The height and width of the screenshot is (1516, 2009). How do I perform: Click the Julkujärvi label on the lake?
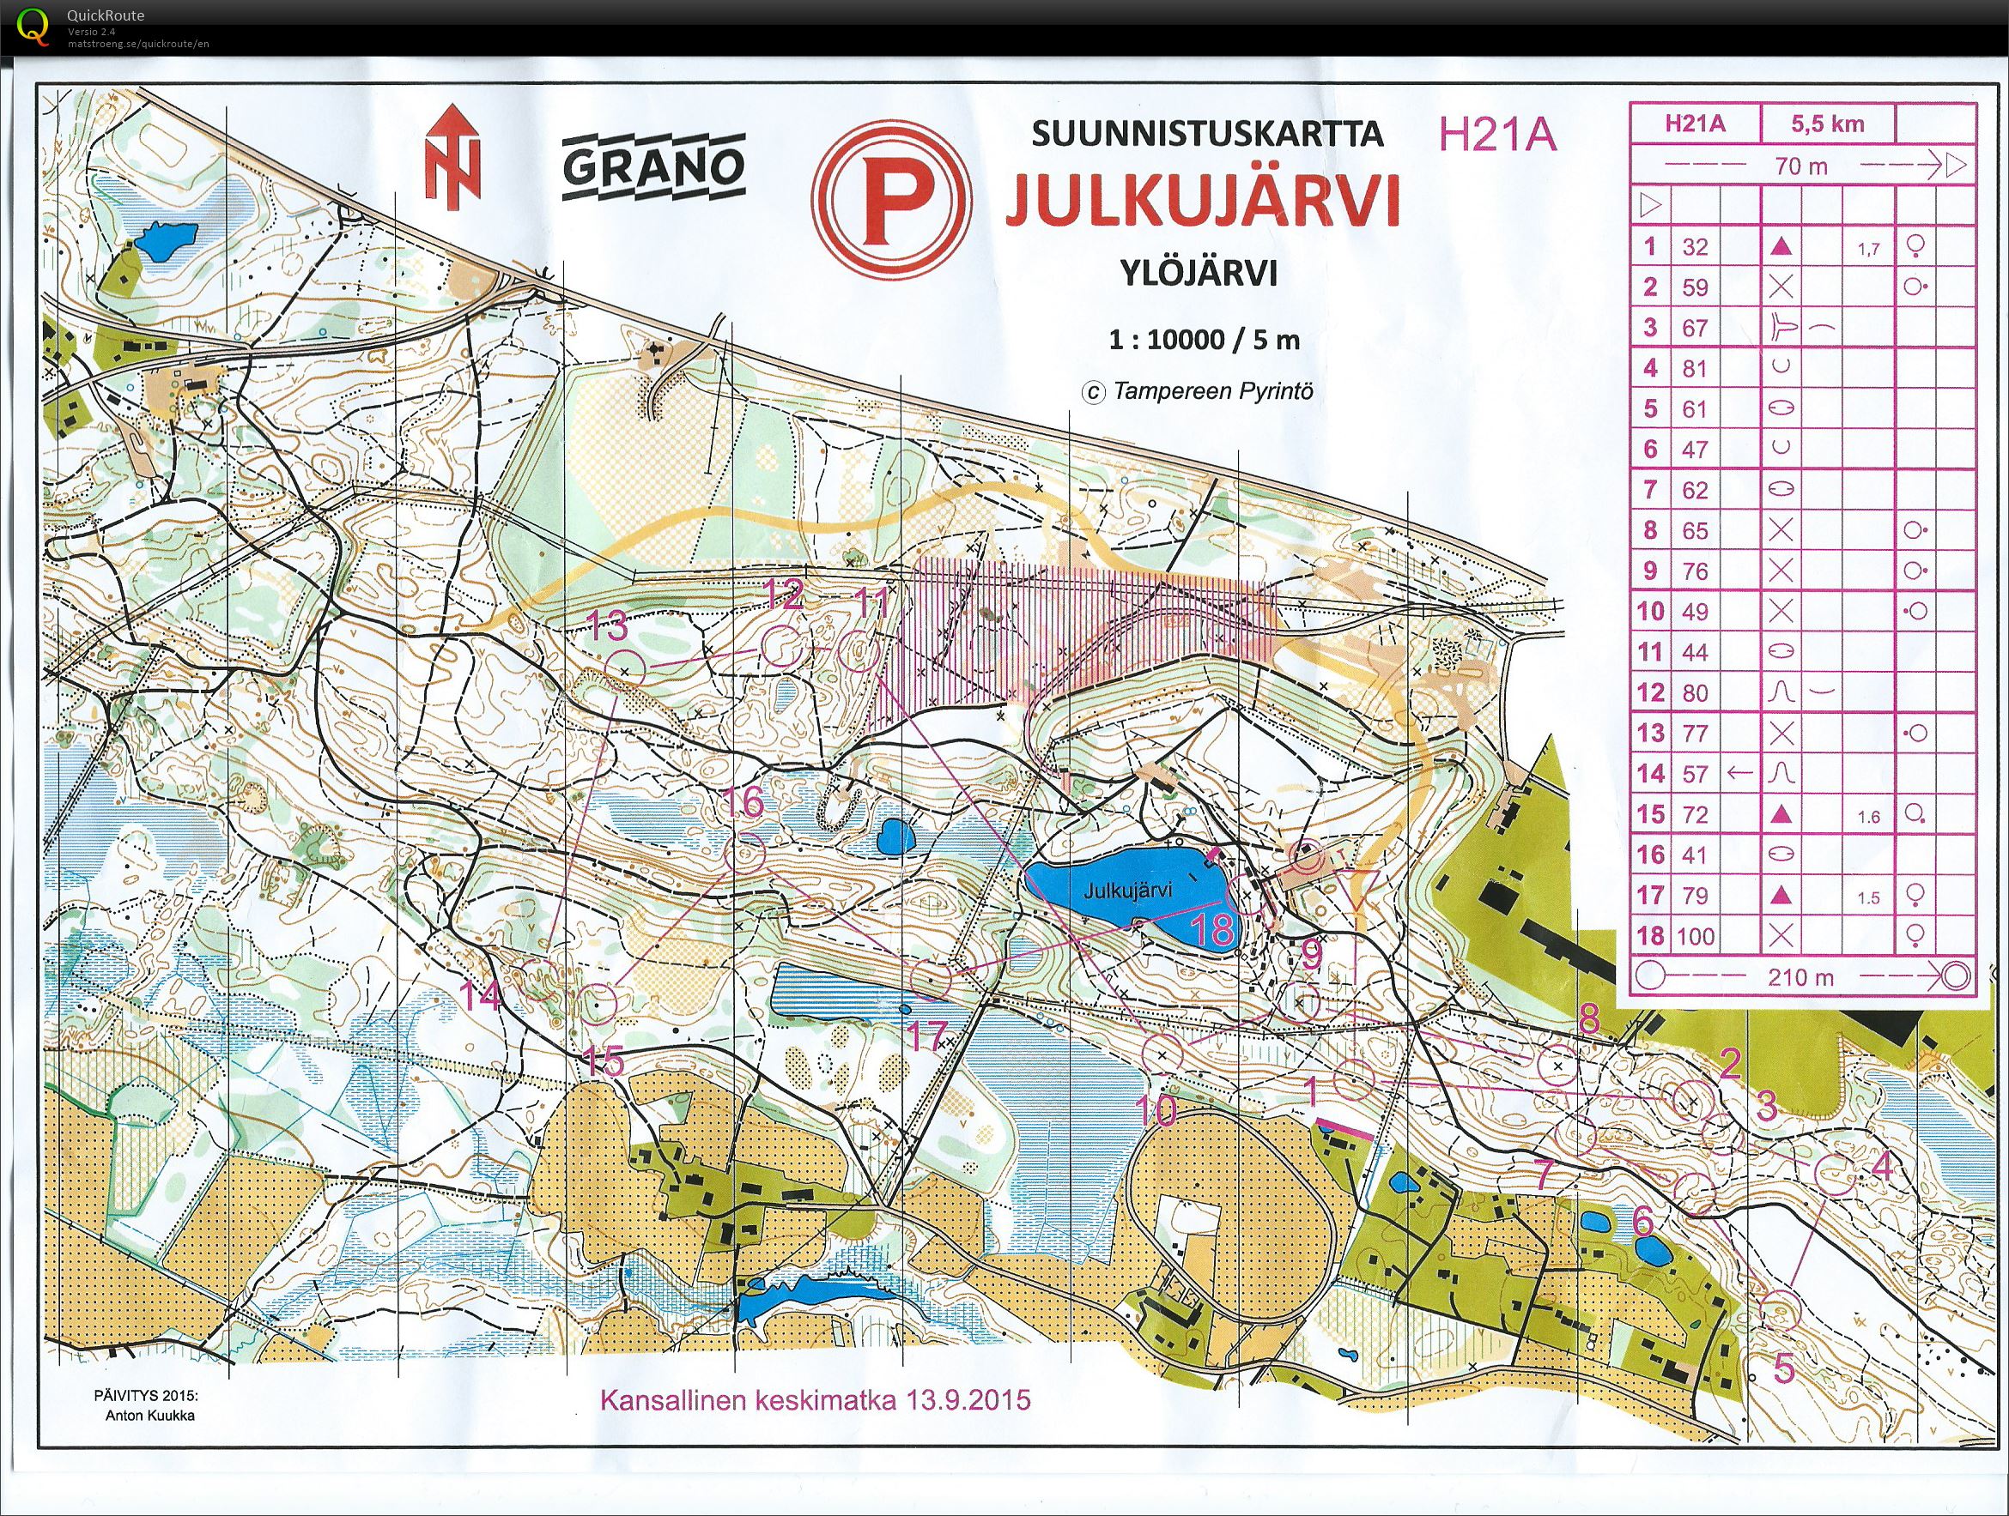1127,891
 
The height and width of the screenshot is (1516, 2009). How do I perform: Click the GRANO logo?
653,166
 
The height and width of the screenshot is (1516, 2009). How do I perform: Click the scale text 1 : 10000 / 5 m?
1204,341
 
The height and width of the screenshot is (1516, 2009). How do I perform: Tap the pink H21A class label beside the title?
1496,136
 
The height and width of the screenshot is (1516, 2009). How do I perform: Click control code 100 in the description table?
1695,936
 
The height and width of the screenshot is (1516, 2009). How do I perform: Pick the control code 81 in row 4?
1695,369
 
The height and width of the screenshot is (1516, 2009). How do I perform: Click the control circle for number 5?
1781,1310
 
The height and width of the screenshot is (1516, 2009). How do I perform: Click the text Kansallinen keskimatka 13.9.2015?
815,1399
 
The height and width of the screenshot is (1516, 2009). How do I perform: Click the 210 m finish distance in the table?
1801,976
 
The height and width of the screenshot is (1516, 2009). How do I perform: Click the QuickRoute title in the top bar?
106,15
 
